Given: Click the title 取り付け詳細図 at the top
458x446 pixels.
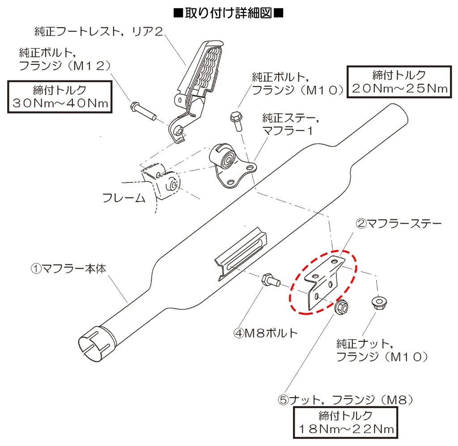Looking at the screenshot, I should click(x=229, y=13).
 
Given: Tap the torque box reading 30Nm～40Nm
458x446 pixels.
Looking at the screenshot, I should click(x=59, y=96).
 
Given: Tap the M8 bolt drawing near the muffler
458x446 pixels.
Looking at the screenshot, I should click(x=270, y=280).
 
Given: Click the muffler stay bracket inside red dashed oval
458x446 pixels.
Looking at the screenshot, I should click(x=322, y=282).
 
